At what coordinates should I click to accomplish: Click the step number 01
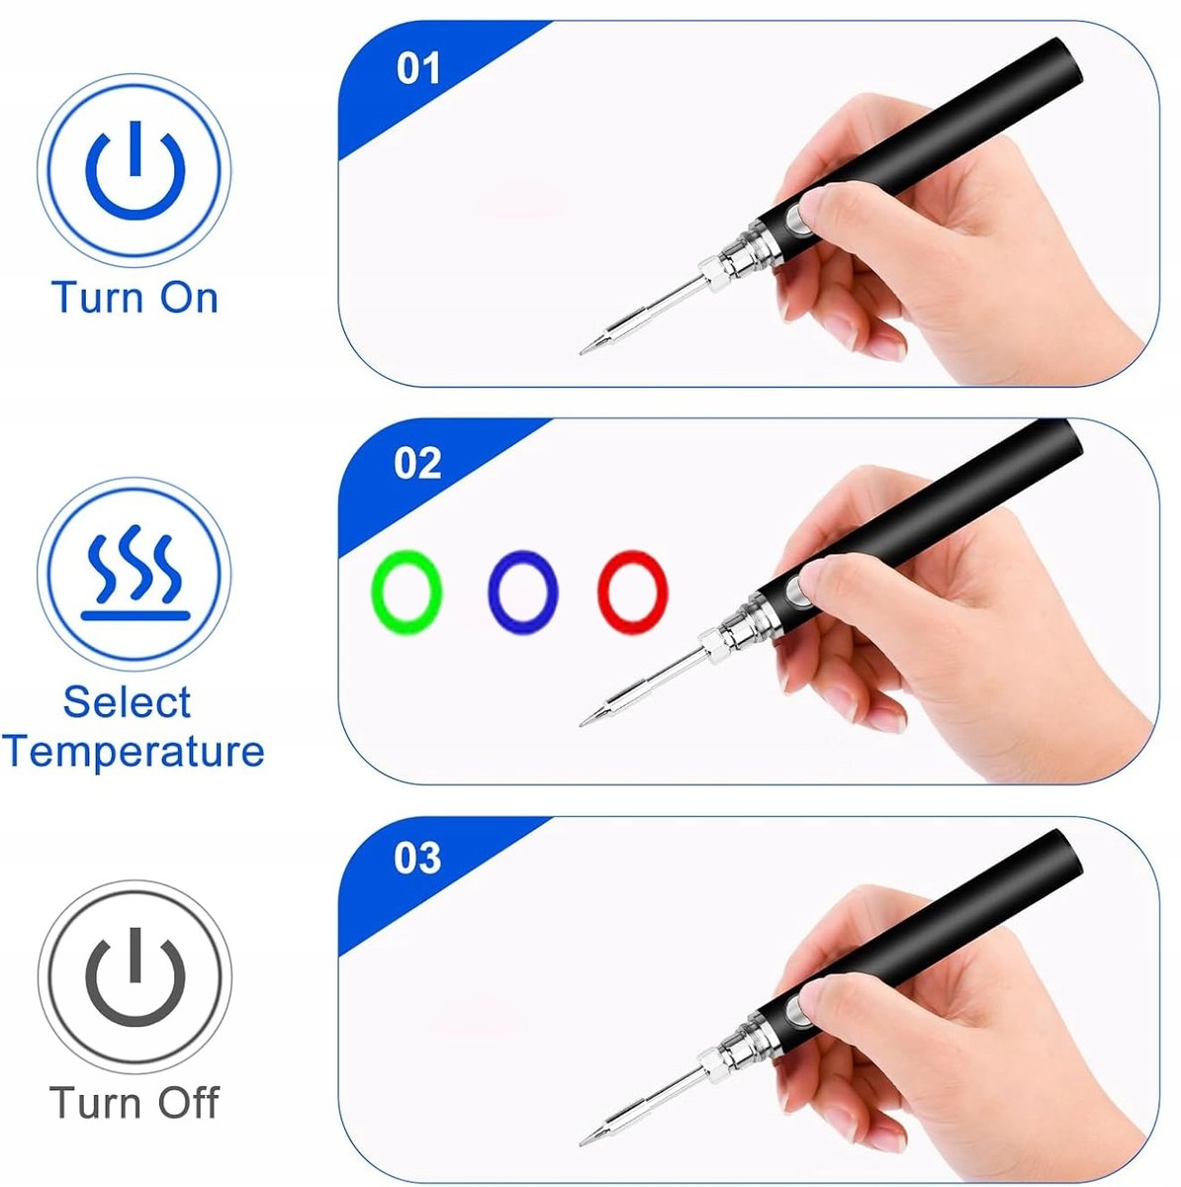[417, 68]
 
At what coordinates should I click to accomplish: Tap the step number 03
[417, 858]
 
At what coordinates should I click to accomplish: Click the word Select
[127, 701]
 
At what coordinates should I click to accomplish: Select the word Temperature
[134, 752]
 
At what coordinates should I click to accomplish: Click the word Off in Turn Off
[188, 1102]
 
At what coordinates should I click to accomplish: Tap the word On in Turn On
[189, 298]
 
